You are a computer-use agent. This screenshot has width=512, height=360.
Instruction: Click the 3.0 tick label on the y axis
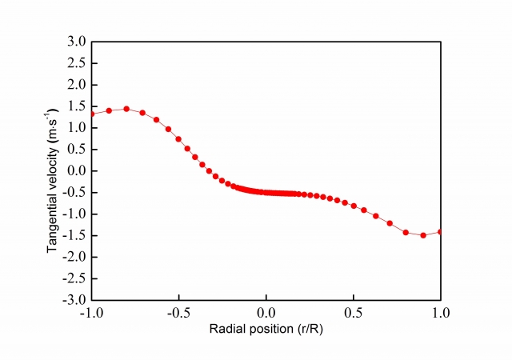77,42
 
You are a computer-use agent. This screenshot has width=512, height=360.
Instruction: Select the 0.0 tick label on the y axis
77,170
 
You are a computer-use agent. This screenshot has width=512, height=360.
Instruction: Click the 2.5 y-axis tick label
77,63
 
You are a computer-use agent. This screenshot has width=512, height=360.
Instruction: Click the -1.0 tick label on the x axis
90,313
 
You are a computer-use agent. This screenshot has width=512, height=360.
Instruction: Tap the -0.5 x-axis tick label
178,313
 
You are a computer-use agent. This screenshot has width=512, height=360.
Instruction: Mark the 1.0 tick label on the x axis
440,313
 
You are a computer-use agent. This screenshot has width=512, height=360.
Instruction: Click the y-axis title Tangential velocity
54,170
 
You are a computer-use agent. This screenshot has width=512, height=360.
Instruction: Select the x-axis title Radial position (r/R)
266,329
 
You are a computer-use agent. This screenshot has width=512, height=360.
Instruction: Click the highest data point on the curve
126,109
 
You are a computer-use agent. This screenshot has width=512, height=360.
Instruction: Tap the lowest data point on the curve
423,235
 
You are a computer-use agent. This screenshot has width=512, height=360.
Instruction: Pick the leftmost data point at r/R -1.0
91,114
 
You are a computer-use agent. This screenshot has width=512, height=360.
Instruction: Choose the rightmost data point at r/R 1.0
440,231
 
